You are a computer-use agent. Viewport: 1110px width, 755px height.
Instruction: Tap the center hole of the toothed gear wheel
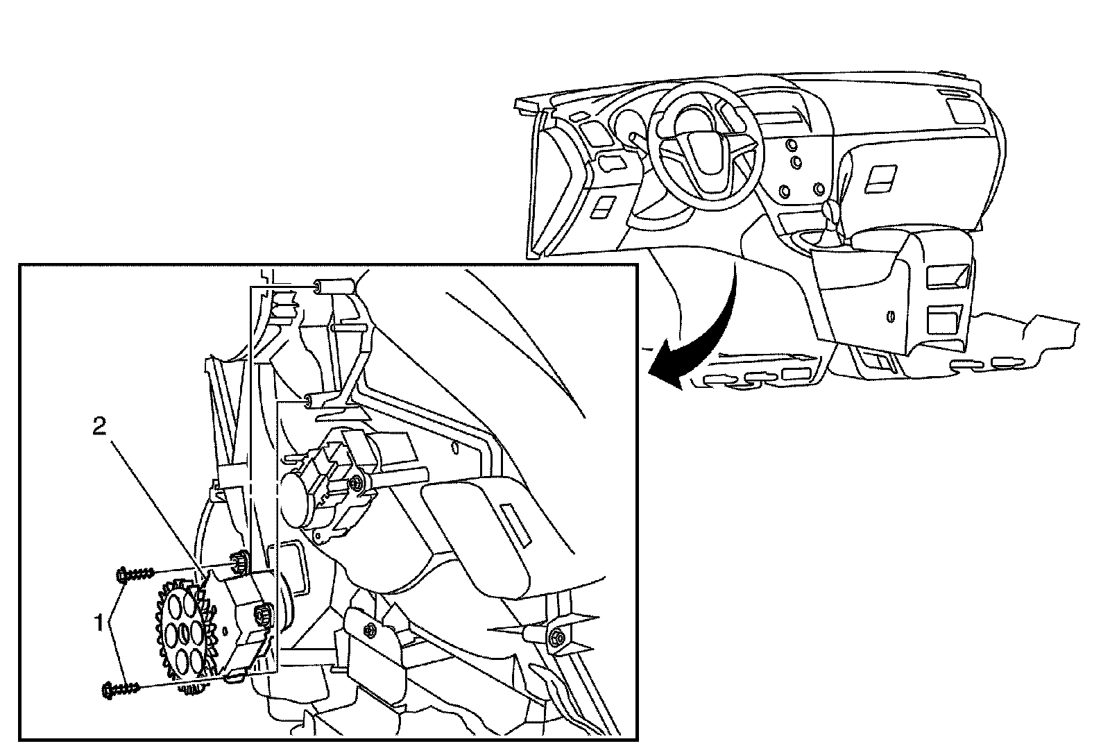point(185,633)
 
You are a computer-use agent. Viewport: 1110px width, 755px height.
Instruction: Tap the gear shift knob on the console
point(829,209)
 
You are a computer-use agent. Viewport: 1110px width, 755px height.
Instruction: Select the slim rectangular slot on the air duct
point(514,521)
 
